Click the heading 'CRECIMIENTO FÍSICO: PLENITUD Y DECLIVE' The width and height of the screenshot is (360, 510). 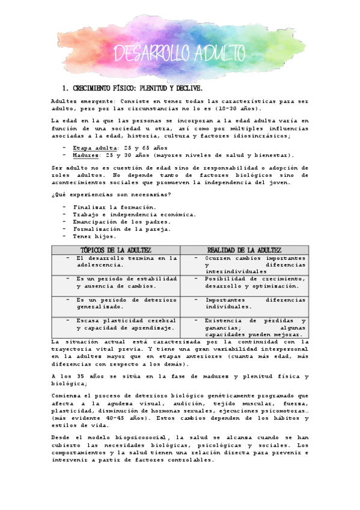[138, 88]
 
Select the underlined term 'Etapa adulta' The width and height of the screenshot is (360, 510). [95, 147]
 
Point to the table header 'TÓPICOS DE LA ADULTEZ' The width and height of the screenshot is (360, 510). [116, 250]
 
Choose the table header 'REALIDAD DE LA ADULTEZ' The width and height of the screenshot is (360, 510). [244, 250]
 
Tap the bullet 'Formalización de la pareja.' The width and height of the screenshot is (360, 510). [121, 229]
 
